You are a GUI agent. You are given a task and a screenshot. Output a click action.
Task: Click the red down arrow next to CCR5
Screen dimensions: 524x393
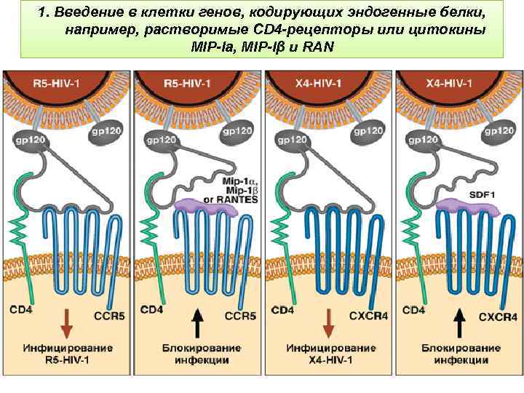tap(66, 323)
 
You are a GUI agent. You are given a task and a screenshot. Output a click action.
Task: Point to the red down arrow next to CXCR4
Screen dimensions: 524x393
tap(330, 323)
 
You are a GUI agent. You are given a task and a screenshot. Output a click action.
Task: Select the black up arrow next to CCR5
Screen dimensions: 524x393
tap(198, 323)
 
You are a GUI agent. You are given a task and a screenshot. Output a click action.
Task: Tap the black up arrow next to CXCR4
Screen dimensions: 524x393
tap(460, 323)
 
